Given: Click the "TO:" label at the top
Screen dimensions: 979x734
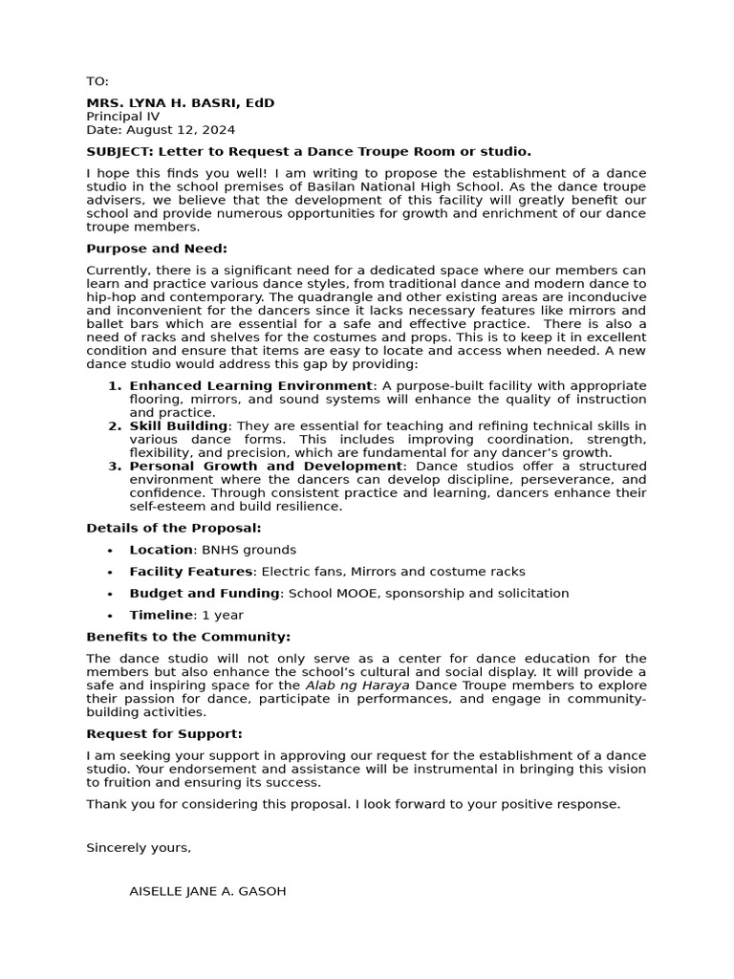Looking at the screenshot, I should click(x=97, y=81).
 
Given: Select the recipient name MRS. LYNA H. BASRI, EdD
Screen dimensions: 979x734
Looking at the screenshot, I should click(x=180, y=102).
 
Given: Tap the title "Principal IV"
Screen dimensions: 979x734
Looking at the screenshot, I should click(x=123, y=116).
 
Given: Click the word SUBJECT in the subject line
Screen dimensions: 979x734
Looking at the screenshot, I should click(x=119, y=151).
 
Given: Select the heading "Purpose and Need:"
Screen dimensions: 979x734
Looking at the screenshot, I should click(x=157, y=249).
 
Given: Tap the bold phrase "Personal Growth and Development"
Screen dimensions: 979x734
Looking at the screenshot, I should click(x=266, y=466).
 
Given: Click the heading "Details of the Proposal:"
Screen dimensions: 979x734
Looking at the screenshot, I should click(x=173, y=528).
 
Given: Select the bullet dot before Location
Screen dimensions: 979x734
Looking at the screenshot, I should click(x=111, y=551).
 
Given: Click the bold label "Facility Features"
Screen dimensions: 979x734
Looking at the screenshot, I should click(x=191, y=572).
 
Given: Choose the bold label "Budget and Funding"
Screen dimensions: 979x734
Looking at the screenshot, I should click(x=205, y=594).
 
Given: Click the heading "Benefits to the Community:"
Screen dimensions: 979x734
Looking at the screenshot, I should click(x=188, y=637).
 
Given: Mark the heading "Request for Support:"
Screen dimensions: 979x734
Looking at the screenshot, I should click(x=164, y=734).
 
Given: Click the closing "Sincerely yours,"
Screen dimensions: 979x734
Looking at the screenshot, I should click(x=139, y=848).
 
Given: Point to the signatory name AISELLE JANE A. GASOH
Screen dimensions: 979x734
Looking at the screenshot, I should click(x=207, y=891).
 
